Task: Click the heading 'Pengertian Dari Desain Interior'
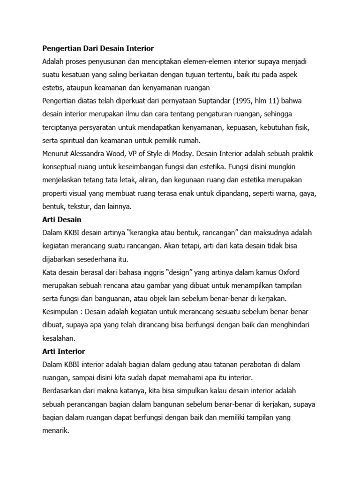(98, 48)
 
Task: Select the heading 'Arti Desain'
(62, 219)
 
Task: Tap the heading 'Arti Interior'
(63, 351)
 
